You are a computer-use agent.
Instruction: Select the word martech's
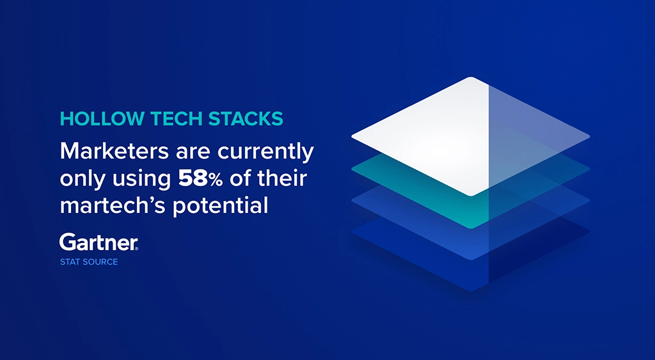(x=113, y=207)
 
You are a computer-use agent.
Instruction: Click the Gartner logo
(x=99, y=242)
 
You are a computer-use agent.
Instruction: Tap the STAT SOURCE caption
(x=89, y=262)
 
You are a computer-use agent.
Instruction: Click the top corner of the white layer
(x=471, y=79)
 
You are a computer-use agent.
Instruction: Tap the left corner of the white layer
(x=354, y=136)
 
